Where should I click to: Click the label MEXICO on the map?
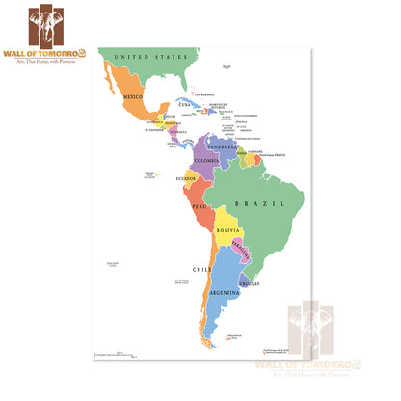tap(130, 98)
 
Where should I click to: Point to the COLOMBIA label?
tap(206, 160)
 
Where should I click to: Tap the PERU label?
tap(200, 206)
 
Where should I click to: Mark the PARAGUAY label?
tap(243, 247)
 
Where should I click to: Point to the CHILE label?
tap(200, 269)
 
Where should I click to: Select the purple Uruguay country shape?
tap(248, 282)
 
